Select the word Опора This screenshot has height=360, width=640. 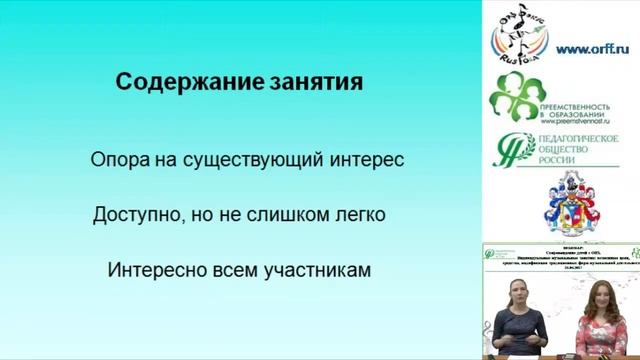pos(116,159)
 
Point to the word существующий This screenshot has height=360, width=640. pos(241,159)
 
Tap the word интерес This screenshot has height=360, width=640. pos(367,159)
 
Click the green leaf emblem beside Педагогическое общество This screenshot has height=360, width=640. pos(512,150)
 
